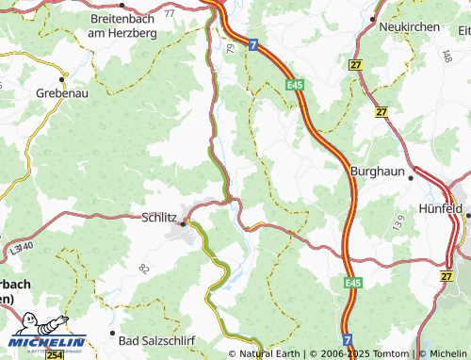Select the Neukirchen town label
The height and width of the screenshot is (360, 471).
(x=409, y=27)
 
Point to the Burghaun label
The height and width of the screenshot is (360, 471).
(x=377, y=172)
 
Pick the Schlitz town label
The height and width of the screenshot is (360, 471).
(x=158, y=216)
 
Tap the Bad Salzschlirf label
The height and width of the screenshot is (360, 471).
(x=156, y=336)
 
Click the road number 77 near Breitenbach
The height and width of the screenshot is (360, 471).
(x=169, y=14)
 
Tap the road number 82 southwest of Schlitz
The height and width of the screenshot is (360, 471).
(x=144, y=270)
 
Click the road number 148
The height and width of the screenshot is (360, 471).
(x=446, y=57)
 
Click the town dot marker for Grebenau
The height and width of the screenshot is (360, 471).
(x=63, y=77)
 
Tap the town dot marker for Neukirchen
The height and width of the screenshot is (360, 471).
(x=373, y=18)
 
